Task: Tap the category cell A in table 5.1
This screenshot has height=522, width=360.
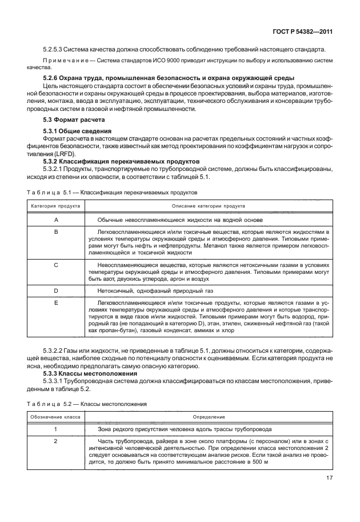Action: point(56,220)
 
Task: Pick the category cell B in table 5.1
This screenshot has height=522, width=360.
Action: point(56,232)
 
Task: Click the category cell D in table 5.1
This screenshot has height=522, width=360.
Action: point(56,290)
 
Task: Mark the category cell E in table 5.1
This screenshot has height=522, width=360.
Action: point(56,302)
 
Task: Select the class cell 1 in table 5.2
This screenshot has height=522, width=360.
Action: point(56,428)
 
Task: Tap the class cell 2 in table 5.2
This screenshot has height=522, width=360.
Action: point(56,441)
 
